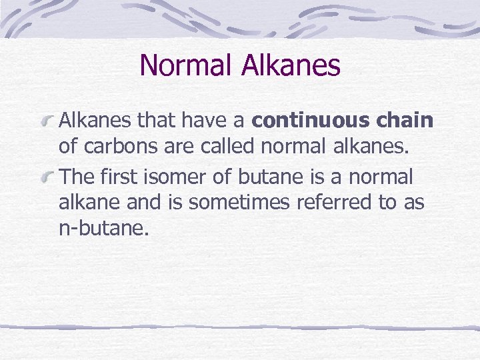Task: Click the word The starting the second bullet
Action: (x=77, y=177)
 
